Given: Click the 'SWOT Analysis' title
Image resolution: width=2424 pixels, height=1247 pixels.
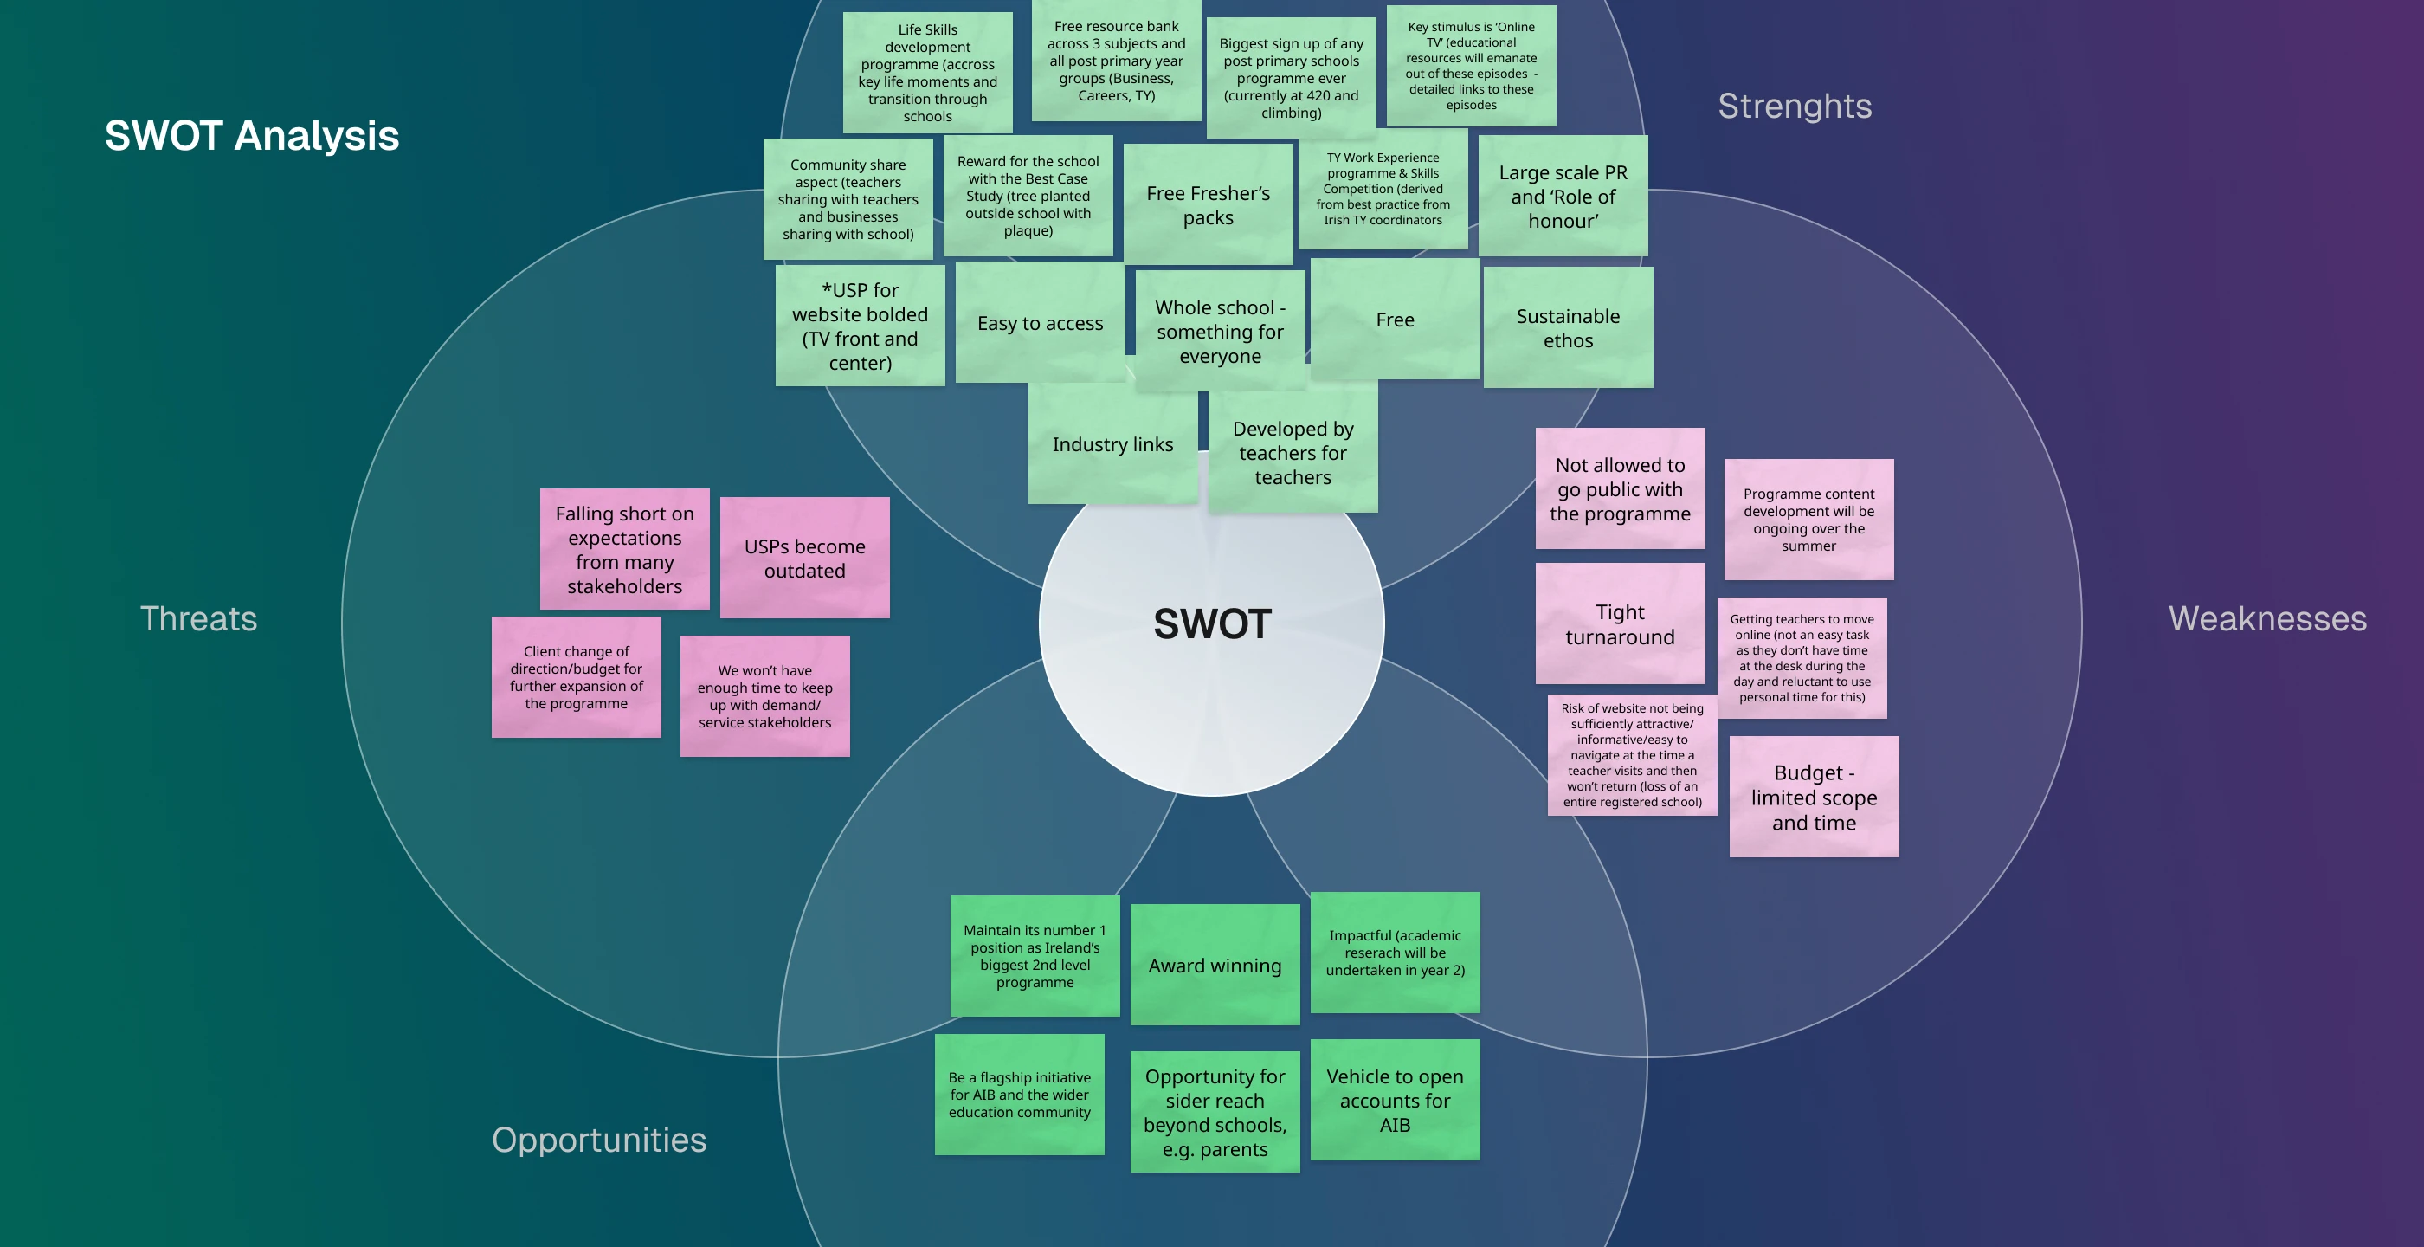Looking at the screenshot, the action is (252, 135).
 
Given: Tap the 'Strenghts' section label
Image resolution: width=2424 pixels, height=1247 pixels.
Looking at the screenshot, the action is (1795, 107).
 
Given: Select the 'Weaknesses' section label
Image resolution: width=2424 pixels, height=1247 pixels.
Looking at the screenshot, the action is (2266, 618).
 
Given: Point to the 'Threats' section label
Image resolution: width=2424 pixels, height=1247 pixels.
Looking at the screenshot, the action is (198, 618).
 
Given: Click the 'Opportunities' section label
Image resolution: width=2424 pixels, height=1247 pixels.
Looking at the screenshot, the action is (598, 1140).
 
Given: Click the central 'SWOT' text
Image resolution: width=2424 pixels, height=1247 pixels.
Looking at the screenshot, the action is (1212, 624).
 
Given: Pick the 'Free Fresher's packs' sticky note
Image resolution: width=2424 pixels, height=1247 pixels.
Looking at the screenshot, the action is (1209, 205).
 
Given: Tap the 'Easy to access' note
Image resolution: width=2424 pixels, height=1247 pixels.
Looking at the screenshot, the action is (1040, 323).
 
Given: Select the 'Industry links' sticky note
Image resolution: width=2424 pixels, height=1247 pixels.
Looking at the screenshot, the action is (1112, 444).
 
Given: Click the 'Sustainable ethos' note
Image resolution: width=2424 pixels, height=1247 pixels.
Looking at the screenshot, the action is (1568, 327).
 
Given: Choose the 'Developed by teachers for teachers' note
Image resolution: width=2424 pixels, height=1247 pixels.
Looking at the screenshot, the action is (1293, 453).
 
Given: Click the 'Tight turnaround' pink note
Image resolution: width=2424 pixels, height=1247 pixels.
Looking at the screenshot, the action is (1620, 624).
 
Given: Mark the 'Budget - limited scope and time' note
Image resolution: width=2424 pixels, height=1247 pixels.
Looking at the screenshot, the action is (1814, 798).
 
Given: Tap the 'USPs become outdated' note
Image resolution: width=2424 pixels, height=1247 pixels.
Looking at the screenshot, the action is (804, 558).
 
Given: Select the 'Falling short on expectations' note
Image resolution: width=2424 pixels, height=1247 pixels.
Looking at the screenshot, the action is (624, 550).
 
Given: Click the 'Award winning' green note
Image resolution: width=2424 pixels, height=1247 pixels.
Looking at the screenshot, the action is (1215, 966).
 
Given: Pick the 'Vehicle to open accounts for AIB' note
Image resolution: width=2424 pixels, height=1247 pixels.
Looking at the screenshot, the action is (1395, 1100).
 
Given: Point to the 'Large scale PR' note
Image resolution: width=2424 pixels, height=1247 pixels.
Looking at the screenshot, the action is (1563, 196).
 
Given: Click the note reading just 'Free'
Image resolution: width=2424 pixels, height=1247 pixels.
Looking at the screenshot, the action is (1395, 320).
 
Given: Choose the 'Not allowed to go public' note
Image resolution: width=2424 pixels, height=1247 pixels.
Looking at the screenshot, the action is (1620, 488).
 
